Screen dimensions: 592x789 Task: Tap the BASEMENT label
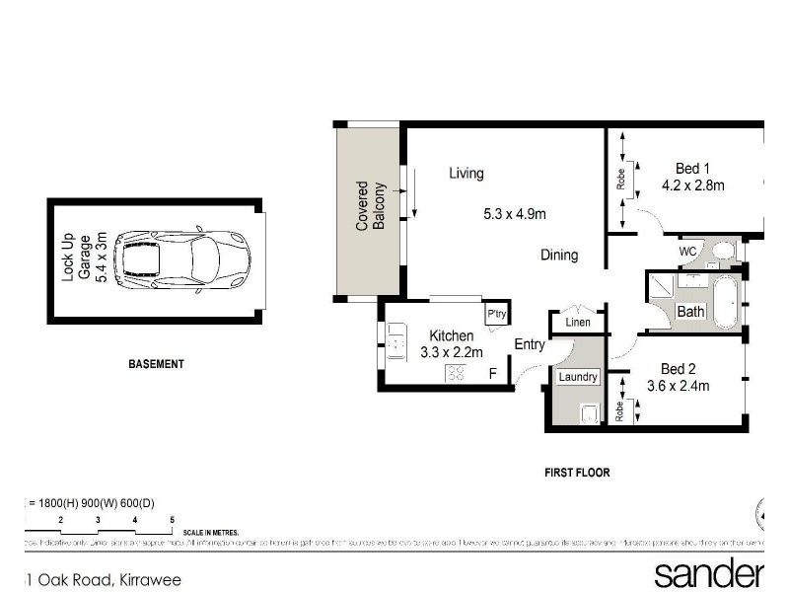point(156,364)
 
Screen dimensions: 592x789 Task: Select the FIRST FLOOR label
point(577,473)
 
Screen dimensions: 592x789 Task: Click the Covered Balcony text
point(370,206)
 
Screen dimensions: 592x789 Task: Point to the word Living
point(466,174)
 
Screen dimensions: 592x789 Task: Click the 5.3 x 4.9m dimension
point(515,214)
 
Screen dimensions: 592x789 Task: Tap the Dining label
point(558,256)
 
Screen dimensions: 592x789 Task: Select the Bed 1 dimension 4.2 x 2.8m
point(692,185)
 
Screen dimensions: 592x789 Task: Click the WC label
point(687,253)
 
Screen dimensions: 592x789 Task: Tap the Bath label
point(690,312)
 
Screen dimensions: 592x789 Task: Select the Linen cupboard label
point(577,323)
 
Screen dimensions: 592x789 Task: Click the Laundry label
point(577,377)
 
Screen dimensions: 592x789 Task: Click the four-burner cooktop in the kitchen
point(457,373)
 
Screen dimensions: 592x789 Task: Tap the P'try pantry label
point(495,315)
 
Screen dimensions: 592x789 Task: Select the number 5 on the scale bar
point(172,519)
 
